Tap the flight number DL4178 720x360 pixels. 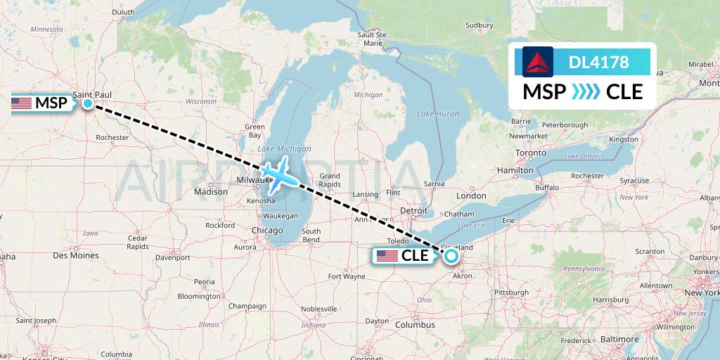click(598, 63)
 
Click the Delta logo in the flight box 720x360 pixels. click(538, 62)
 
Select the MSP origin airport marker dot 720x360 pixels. click(88, 103)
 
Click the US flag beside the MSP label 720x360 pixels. click(21, 103)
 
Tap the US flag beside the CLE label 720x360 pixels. click(387, 256)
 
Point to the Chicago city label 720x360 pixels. click(266, 231)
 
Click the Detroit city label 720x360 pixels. click(413, 210)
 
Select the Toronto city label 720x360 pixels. click(530, 153)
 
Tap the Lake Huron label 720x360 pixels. click(437, 114)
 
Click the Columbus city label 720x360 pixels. click(414, 324)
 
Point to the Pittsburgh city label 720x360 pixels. click(511, 292)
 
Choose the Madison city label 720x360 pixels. click(211, 191)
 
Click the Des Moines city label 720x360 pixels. click(75, 255)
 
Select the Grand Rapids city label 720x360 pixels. click(330, 179)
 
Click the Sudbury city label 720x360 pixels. click(480, 26)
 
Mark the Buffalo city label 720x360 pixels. click(546, 188)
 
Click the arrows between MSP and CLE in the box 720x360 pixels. click(586, 91)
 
